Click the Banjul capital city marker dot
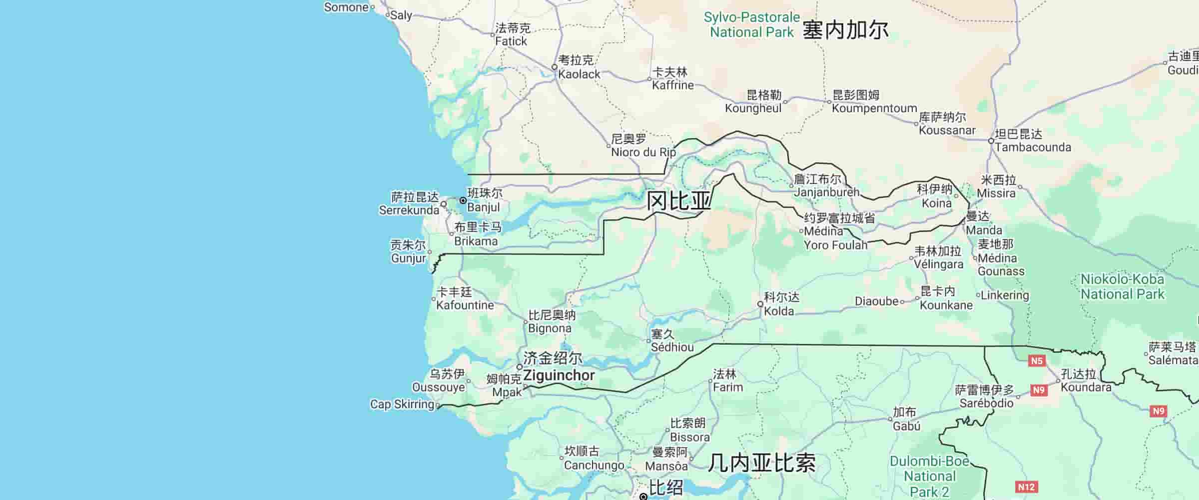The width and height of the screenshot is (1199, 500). click(463, 200)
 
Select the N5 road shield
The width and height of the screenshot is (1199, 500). click(1037, 360)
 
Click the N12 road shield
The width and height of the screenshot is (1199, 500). click(1026, 487)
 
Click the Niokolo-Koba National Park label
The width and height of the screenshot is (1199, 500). click(1122, 286)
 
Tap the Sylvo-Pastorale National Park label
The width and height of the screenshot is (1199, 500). click(751, 24)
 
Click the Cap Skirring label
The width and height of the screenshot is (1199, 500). click(402, 404)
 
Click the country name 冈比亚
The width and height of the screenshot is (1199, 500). click(678, 201)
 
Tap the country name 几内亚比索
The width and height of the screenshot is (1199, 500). click(762, 463)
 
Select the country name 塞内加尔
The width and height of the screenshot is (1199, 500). click(845, 30)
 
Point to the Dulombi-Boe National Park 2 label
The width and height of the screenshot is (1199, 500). click(929, 476)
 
